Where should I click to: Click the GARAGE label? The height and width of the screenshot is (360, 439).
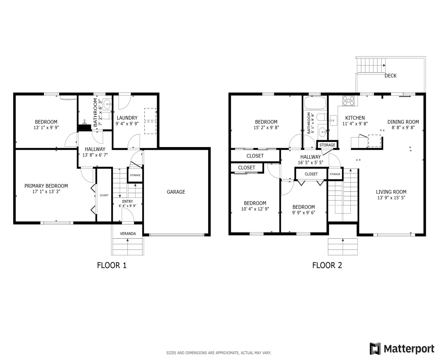176,192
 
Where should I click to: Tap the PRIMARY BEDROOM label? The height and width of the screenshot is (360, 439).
46,186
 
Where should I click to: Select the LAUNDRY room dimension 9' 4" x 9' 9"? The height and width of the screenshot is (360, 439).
127,124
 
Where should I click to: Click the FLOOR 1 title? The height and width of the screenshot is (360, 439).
112,265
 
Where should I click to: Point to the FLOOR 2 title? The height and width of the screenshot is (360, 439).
327,265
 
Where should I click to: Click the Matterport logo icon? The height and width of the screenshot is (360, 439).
375,349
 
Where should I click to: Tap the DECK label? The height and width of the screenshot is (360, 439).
390,76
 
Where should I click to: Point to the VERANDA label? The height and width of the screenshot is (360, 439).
128,234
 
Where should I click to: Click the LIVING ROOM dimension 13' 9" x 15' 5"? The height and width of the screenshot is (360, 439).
391,198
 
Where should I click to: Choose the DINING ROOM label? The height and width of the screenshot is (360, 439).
403,122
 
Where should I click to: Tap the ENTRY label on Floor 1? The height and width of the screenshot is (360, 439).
128,201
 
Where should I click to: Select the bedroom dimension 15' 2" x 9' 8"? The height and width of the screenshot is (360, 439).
266,127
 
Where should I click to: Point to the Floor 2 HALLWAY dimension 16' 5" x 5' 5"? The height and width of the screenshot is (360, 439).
310,163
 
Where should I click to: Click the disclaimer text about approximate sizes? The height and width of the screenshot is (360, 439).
219,353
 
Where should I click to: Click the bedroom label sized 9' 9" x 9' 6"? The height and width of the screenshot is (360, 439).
303,207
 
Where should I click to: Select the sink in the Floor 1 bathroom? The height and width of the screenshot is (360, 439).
107,104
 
